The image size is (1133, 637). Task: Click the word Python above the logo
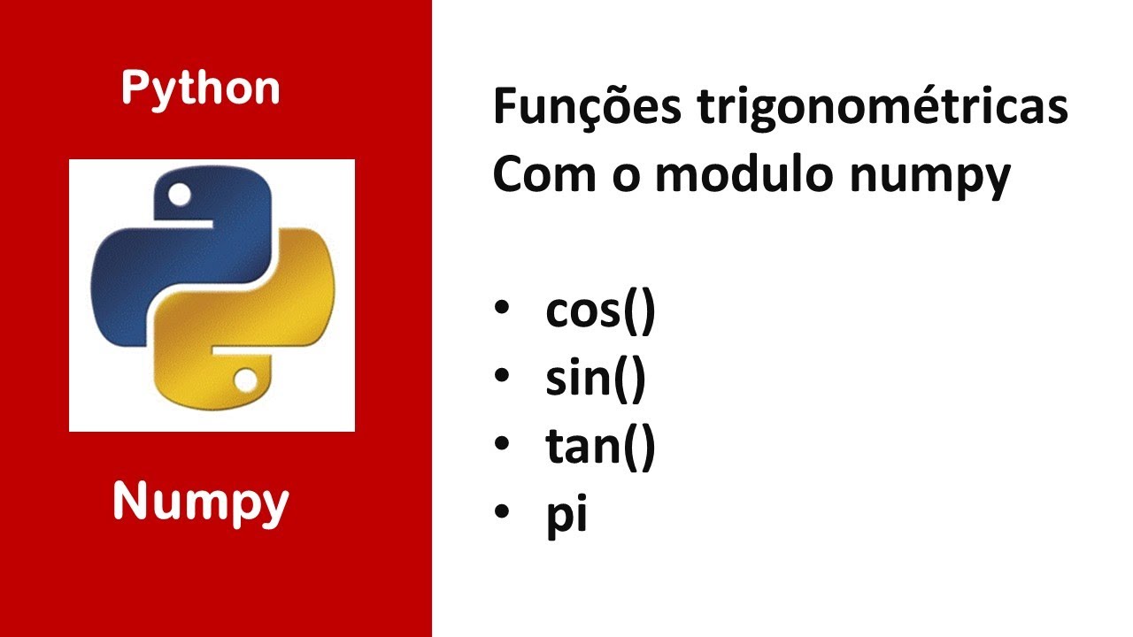pos(200,89)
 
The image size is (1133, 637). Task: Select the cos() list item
pos(600,312)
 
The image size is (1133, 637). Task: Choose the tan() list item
pos(600,448)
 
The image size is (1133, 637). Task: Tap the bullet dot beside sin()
pos(503,377)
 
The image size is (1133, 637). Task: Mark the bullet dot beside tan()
pos(503,444)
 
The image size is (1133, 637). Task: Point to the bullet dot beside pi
pos(503,511)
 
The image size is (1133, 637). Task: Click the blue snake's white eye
pos(179,193)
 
